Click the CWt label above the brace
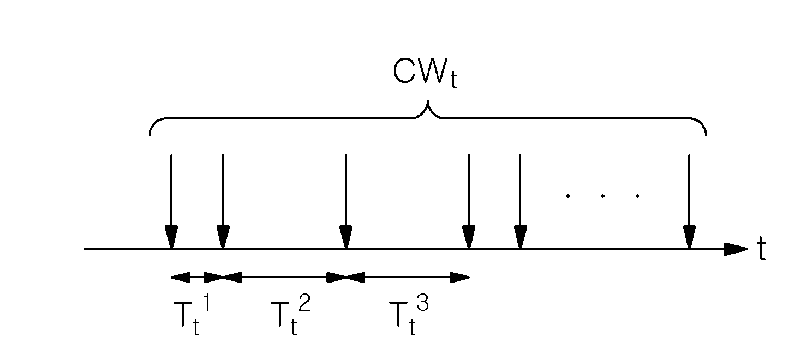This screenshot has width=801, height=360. click(425, 73)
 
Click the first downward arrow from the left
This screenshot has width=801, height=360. click(171, 201)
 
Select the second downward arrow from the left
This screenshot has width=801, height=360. click(223, 201)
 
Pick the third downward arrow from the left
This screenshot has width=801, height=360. click(346, 201)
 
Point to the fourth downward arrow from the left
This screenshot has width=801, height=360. click(469, 201)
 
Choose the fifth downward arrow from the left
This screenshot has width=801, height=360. click(521, 201)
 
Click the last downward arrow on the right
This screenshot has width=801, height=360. click(689, 201)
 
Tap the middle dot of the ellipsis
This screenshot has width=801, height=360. click(602, 196)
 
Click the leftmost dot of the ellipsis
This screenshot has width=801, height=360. click(567, 196)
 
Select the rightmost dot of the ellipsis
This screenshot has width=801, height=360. click(638, 196)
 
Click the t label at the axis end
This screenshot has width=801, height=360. click(761, 249)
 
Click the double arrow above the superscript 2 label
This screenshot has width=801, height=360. click(284, 277)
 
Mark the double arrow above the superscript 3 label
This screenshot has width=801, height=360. click(407, 277)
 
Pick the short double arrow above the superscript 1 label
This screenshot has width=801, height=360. click(197, 277)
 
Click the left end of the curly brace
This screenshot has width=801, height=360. click(150, 135)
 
